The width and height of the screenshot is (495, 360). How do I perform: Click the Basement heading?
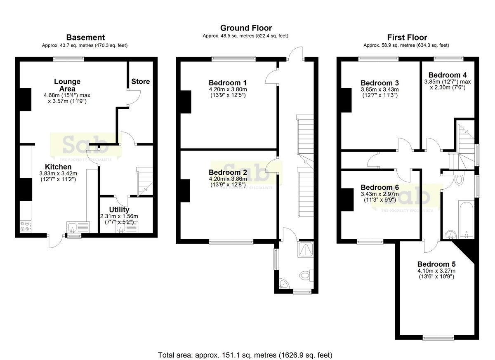coord(85,38)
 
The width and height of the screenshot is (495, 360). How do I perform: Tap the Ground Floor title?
coord(246,28)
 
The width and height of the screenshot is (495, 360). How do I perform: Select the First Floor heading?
coord(407,38)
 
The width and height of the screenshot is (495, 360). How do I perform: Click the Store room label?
coord(141,82)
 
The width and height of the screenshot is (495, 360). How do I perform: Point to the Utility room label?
coord(119,209)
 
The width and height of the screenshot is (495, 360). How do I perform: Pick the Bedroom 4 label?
coord(448,75)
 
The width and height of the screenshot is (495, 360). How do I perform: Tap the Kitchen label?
coord(58,167)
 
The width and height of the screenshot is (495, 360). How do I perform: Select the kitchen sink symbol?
coord(78,227)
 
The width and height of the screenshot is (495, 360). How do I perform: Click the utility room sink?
coord(126,227)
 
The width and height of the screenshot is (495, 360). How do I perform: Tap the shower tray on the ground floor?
coord(305,249)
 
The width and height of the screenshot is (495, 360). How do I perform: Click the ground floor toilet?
coord(306,275)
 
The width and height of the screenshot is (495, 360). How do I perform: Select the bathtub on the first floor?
coord(466,219)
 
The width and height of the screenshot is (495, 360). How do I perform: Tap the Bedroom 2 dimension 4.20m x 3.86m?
coord(228,179)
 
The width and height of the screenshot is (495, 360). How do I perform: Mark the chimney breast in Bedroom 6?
coord(347,200)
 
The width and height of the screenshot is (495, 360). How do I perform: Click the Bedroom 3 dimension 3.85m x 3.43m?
coord(379,89)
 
